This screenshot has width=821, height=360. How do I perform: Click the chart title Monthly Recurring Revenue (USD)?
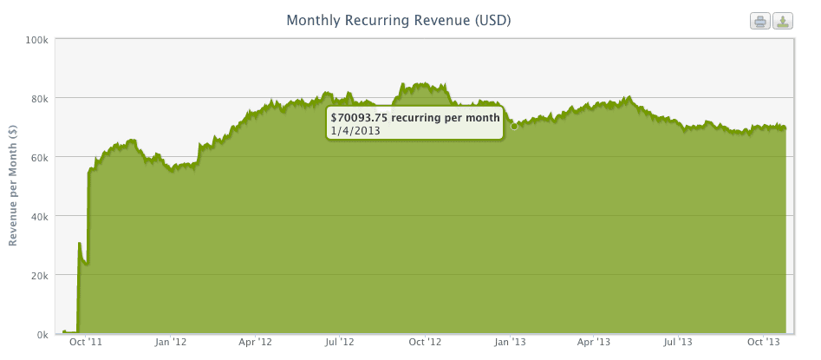pyautogui.click(x=398, y=19)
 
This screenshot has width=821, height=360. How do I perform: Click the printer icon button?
pyautogui.click(x=760, y=21)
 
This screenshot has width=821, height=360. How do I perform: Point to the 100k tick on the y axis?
pyautogui.click(x=37, y=40)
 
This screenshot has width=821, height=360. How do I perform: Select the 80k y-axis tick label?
pyautogui.click(x=40, y=98)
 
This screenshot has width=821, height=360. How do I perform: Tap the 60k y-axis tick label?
pyautogui.click(x=40, y=157)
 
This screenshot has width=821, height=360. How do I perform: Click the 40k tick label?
pyautogui.click(x=40, y=216)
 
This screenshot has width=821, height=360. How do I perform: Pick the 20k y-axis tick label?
pyautogui.click(x=40, y=275)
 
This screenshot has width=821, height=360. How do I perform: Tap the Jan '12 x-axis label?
pyautogui.click(x=170, y=344)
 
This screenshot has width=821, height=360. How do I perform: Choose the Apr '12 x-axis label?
pyautogui.click(x=255, y=344)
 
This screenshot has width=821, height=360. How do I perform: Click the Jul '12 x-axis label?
pyautogui.click(x=339, y=344)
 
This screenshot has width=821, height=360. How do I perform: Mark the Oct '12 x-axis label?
pyautogui.click(x=425, y=344)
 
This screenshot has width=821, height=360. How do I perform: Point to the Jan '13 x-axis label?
pyautogui.click(x=510, y=344)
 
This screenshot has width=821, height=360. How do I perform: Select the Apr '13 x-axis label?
pyautogui.click(x=593, y=344)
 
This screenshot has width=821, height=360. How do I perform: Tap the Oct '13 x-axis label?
pyautogui.click(x=763, y=344)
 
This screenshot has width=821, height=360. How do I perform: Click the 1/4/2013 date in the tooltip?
pyautogui.click(x=355, y=131)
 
